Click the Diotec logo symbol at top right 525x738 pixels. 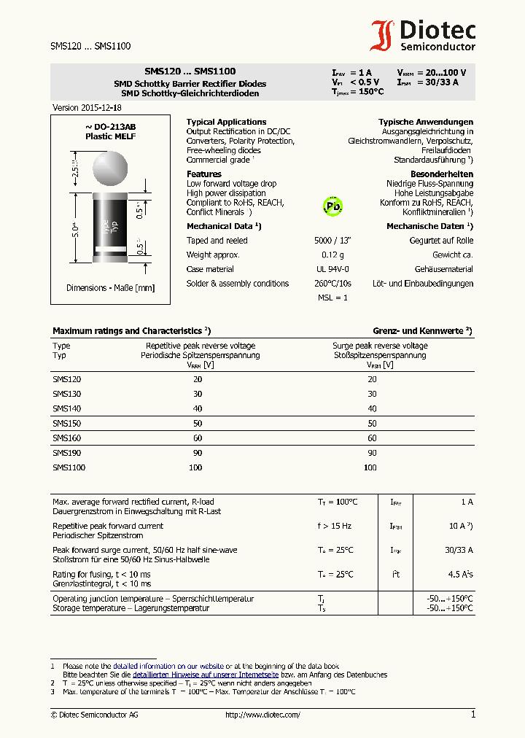point(383,36)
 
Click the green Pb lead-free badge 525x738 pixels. point(332,206)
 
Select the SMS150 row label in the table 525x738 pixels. point(66,424)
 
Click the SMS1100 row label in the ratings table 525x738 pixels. point(69,467)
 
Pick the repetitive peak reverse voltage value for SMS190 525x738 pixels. point(198,453)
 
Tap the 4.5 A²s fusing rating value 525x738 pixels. point(460,575)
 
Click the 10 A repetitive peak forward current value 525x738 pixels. point(459,526)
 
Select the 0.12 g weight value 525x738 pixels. point(333,255)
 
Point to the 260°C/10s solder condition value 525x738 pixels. point(333,284)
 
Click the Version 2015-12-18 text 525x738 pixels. point(82,107)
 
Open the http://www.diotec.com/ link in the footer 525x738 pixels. point(262,715)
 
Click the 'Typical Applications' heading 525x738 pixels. point(226,122)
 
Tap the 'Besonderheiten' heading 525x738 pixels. point(442,174)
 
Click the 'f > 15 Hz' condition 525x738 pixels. point(334,526)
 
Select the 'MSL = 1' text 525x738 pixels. point(332,298)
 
